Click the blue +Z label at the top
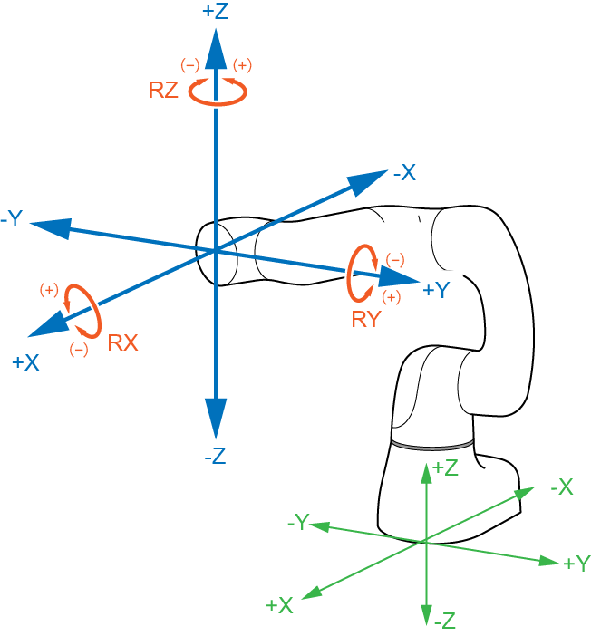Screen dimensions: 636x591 pyautogui.click(x=216, y=11)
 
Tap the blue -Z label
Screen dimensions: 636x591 pyautogui.click(x=215, y=457)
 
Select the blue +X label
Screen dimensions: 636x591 pyautogui.click(x=25, y=362)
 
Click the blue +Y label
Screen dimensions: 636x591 pyautogui.click(x=436, y=290)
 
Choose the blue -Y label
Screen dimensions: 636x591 pyautogui.click(x=13, y=219)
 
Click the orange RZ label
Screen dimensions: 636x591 pyautogui.click(x=163, y=91)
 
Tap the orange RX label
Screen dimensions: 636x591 pyautogui.click(x=122, y=343)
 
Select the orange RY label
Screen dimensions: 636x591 pyautogui.click(x=366, y=318)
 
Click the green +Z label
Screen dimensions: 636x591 pyautogui.click(x=444, y=467)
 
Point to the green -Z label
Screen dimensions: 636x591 pyautogui.click(x=444, y=622)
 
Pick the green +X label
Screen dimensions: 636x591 pyautogui.click(x=279, y=605)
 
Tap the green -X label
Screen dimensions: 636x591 pyautogui.click(x=561, y=487)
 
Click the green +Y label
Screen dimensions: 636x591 pyautogui.click(x=576, y=564)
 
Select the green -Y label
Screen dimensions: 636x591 pyautogui.click(x=298, y=522)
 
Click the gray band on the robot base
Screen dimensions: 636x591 pyautogui.click(x=433, y=444)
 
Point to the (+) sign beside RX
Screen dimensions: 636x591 pyautogui.click(x=49, y=290)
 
